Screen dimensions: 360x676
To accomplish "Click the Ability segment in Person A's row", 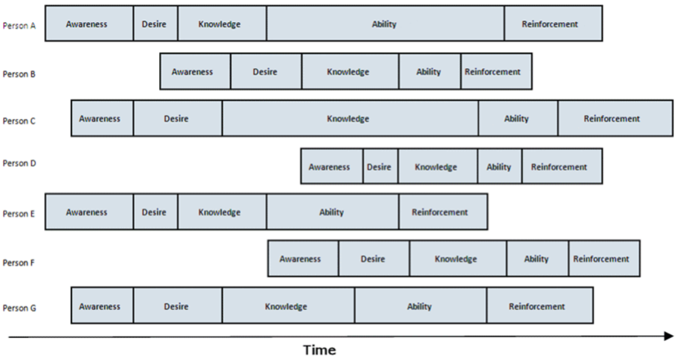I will (x=385, y=24).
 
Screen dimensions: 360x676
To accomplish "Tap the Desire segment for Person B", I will (x=265, y=72).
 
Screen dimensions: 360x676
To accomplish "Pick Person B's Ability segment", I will (x=429, y=72).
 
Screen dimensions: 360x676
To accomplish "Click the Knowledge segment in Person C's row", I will (x=349, y=119).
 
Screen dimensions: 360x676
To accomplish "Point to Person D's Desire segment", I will (x=380, y=167).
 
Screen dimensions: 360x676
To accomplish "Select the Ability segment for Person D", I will (x=499, y=167).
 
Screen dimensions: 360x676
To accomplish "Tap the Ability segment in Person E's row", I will (x=332, y=212).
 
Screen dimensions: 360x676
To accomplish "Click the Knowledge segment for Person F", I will (x=457, y=259).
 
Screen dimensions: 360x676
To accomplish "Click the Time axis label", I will (x=319, y=350).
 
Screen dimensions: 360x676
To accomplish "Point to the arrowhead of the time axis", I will (x=668, y=335).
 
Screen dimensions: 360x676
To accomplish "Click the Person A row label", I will (x=18, y=25).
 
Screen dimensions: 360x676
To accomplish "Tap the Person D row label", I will (x=18, y=164).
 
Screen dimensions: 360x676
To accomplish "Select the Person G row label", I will (x=18, y=308).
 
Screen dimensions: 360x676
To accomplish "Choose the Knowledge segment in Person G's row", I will (x=287, y=307).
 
